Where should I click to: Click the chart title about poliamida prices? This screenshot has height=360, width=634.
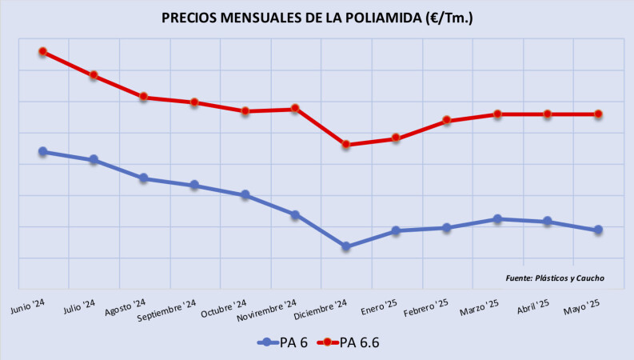pyautogui.click(x=317, y=17)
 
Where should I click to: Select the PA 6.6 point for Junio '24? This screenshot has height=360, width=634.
pyautogui.click(x=43, y=52)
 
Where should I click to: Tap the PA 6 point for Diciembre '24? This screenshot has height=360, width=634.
pyautogui.click(x=345, y=246)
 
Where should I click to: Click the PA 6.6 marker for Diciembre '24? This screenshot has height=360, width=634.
pyautogui.click(x=345, y=145)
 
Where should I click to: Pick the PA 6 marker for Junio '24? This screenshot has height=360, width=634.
pyautogui.click(x=43, y=151)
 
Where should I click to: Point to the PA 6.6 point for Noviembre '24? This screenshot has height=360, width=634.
pyautogui.click(x=295, y=108)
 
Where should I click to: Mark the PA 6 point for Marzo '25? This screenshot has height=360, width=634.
pyautogui.click(x=497, y=218)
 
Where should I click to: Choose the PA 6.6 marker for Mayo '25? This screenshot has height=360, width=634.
pyautogui.click(x=598, y=114)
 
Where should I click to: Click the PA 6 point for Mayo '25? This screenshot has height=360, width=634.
pyautogui.click(x=598, y=230)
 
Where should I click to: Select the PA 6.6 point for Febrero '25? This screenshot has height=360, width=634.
pyautogui.click(x=447, y=121)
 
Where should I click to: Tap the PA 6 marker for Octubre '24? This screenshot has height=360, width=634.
pyautogui.click(x=245, y=194)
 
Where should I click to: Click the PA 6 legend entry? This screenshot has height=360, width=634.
pyautogui.click(x=284, y=342)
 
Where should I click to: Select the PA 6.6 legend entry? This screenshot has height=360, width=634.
pyautogui.click(x=349, y=342)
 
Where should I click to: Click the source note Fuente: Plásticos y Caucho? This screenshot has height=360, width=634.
pyautogui.click(x=555, y=278)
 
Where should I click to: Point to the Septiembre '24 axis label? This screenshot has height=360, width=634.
pyautogui.click(x=167, y=310)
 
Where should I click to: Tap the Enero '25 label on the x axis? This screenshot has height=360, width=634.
pyautogui.click(x=379, y=306)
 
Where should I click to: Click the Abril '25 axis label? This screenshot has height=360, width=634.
pyautogui.click(x=532, y=306)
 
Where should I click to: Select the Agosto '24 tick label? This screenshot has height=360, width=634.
pyautogui.click(x=126, y=306)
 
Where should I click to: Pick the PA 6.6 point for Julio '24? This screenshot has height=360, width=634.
pyautogui.click(x=94, y=75)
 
